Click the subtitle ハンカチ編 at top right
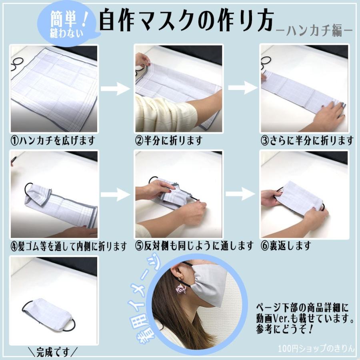(x=314, y=30)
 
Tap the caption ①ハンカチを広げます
(x=53, y=141)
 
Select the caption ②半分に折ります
(x=168, y=141)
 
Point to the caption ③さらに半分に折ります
(x=307, y=141)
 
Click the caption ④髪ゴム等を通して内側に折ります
(x=68, y=246)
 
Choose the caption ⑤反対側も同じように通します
(x=194, y=246)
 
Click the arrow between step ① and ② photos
(x=116, y=89)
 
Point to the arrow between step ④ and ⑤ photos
(x=116, y=195)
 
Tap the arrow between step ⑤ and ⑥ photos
(x=240, y=194)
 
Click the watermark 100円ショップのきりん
(x=316, y=349)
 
